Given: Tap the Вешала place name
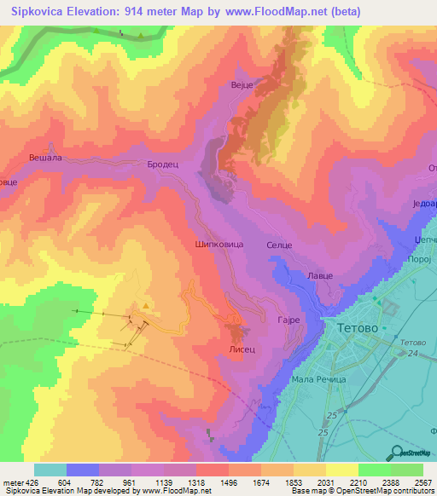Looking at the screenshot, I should (x=45, y=158).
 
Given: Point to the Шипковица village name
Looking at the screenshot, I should (x=220, y=244).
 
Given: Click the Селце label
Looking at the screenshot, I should (x=279, y=245).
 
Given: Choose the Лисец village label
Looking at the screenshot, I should (x=242, y=349).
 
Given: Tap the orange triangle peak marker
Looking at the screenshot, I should (x=147, y=305).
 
